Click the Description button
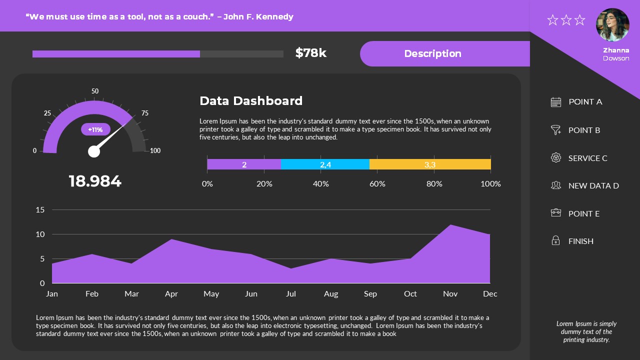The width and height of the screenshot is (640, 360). tap(432, 53)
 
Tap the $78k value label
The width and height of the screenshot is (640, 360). tap(310, 53)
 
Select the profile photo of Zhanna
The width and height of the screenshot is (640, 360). tap(612, 24)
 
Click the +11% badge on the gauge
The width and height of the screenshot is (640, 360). tap(95, 129)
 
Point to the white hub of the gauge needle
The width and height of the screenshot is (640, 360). tap(94, 151)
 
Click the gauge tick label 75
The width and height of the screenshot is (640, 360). tap(145, 113)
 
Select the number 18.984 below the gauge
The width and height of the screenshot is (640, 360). tap(95, 181)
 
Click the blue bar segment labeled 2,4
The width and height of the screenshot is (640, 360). tap(325, 164)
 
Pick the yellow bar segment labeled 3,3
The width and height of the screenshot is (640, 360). tap(430, 164)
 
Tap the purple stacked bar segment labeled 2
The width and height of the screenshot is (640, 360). tap(244, 164)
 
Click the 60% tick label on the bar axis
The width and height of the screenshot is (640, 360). tap(377, 184)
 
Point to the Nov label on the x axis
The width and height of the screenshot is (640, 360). tap(450, 294)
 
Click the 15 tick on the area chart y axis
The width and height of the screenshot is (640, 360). tap(40, 209)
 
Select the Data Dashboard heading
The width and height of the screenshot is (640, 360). tap(251, 101)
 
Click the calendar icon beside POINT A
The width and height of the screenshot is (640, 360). tap(556, 102)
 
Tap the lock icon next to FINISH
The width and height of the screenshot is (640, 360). tap(555, 241)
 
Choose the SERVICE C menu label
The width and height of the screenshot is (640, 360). tap(587, 158)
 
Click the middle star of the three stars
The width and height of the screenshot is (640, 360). tap(566, 20)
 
